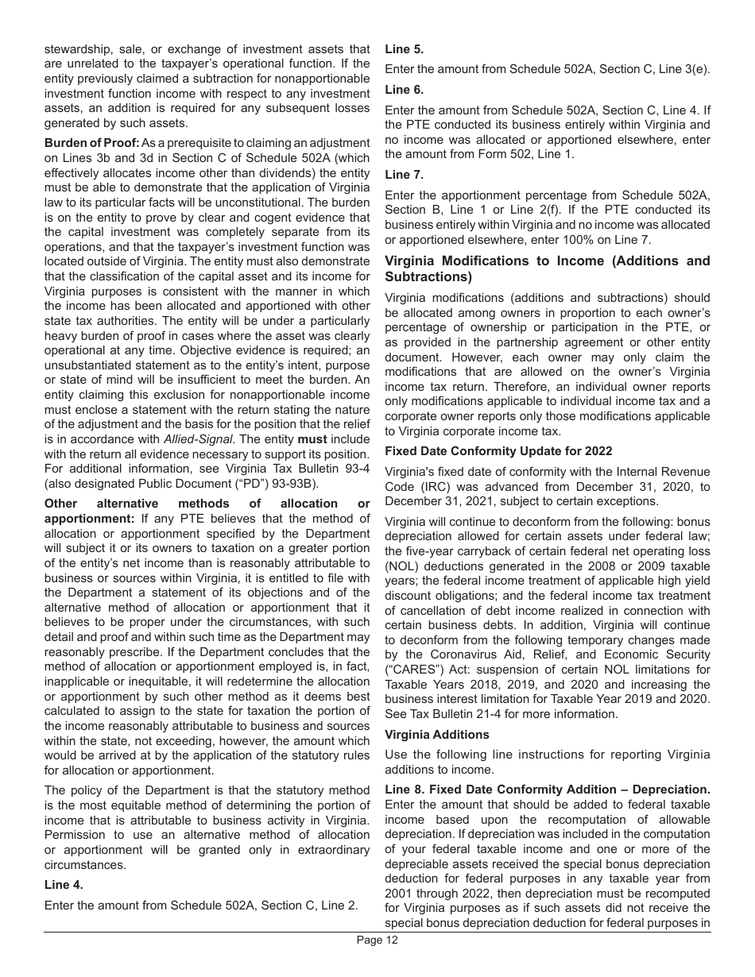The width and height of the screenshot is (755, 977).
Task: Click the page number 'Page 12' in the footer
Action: click(377, 940)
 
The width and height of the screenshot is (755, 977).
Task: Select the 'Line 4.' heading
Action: click(63, 884)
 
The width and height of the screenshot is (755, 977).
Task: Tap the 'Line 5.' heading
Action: click(404, 49)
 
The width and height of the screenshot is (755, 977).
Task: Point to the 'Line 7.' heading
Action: click(404, 174)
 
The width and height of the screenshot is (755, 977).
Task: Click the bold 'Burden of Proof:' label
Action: click(91, 143)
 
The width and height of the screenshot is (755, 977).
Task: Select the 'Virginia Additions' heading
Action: click(437, 735)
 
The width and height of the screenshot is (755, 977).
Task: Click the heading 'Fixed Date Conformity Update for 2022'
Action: click(498, 451)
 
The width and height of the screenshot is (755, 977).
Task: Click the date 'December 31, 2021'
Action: click(436, 501)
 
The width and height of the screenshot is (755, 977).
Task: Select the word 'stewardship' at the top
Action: click(77, 49)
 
